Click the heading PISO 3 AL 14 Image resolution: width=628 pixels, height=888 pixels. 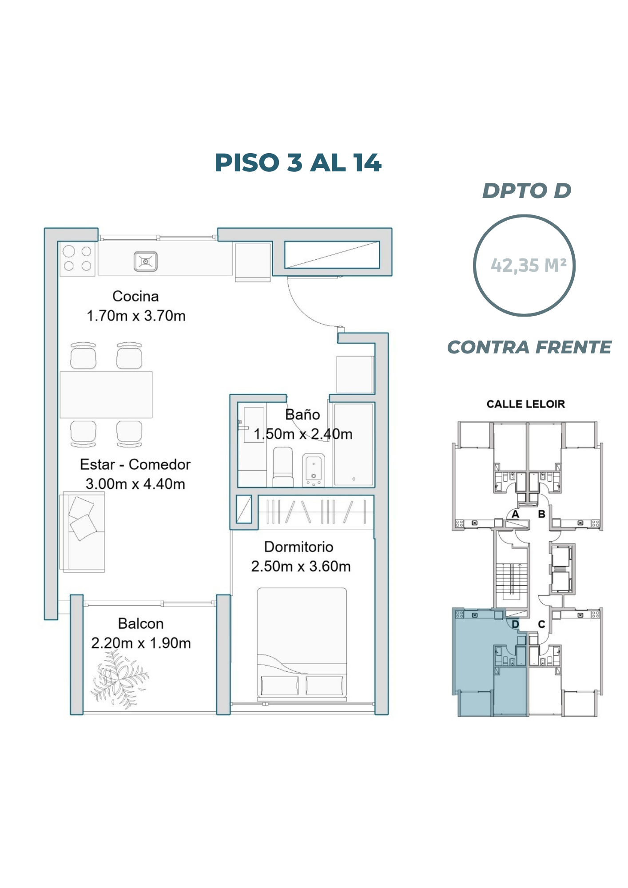[x=298, y=163]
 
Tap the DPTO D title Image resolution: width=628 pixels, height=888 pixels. [x=527, y=190]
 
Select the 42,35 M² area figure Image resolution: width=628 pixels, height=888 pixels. [x=529, y=265]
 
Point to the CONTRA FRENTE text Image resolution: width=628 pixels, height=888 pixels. [x=529, y=347]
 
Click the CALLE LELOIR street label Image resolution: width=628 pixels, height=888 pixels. [x=526, y=404]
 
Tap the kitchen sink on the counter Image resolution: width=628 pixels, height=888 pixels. [x=146, y=261]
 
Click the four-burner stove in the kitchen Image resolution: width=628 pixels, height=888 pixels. [x=77, y=258]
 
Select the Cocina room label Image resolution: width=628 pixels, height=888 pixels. [x=135, y=296]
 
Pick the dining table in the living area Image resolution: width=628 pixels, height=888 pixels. [x=106, y=395]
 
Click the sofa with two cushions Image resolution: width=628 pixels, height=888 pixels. [x=82, y=531]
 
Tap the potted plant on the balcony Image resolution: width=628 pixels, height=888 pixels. [x=119, y=679]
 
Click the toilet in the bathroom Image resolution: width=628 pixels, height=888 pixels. [x=283, y=467]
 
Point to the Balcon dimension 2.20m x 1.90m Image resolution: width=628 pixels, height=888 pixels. [x=141, y=643]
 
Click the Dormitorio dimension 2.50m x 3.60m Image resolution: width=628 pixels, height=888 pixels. [x=301, y=566]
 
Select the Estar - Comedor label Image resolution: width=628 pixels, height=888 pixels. [x=135, y=464]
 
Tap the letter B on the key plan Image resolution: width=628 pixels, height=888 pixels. [x=541, y=514]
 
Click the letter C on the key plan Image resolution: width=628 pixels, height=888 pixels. [x=541, y=624]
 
